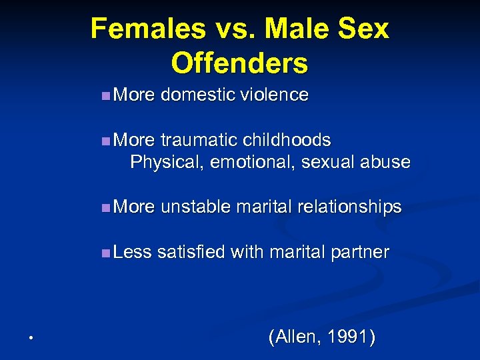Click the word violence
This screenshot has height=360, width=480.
270,95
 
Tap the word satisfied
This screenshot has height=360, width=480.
192,252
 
